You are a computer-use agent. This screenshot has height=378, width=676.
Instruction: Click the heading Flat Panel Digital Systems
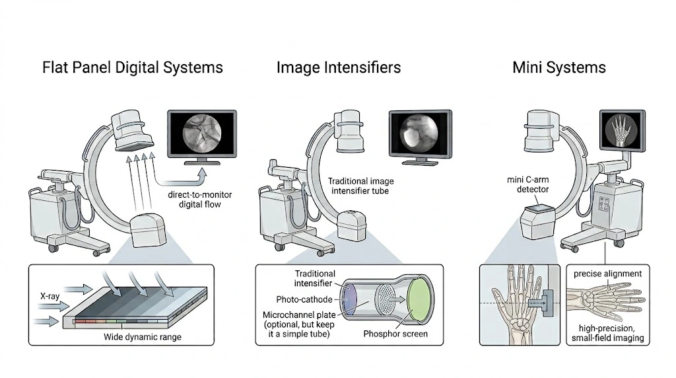click(132, 68)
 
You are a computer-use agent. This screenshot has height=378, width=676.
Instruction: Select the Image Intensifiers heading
click(339, 67)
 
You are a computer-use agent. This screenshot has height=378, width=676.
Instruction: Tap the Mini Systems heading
click(559, 68)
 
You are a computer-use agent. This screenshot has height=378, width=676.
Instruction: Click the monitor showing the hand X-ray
click(623, 131)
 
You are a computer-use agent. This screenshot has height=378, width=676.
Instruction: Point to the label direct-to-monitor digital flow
click(199, 200)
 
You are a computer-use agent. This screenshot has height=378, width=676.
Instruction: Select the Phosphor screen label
click(395, 334)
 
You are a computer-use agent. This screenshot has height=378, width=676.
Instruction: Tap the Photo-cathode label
click(304, 299)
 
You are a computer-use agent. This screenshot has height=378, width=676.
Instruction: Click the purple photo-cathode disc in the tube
click(349, 299)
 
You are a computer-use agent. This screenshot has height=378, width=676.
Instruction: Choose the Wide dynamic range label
click(143, 337)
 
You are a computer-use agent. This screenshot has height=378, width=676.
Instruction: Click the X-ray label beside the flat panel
click(50, 296)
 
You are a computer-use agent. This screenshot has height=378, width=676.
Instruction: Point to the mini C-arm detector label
click(528, 184)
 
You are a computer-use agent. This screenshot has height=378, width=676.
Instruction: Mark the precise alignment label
click(607, 274)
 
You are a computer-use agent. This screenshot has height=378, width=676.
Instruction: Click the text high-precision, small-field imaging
click(607, 333)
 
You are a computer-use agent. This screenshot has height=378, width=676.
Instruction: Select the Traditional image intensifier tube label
click(360, 186)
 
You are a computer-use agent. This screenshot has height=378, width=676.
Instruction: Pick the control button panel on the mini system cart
click(605, 204)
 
